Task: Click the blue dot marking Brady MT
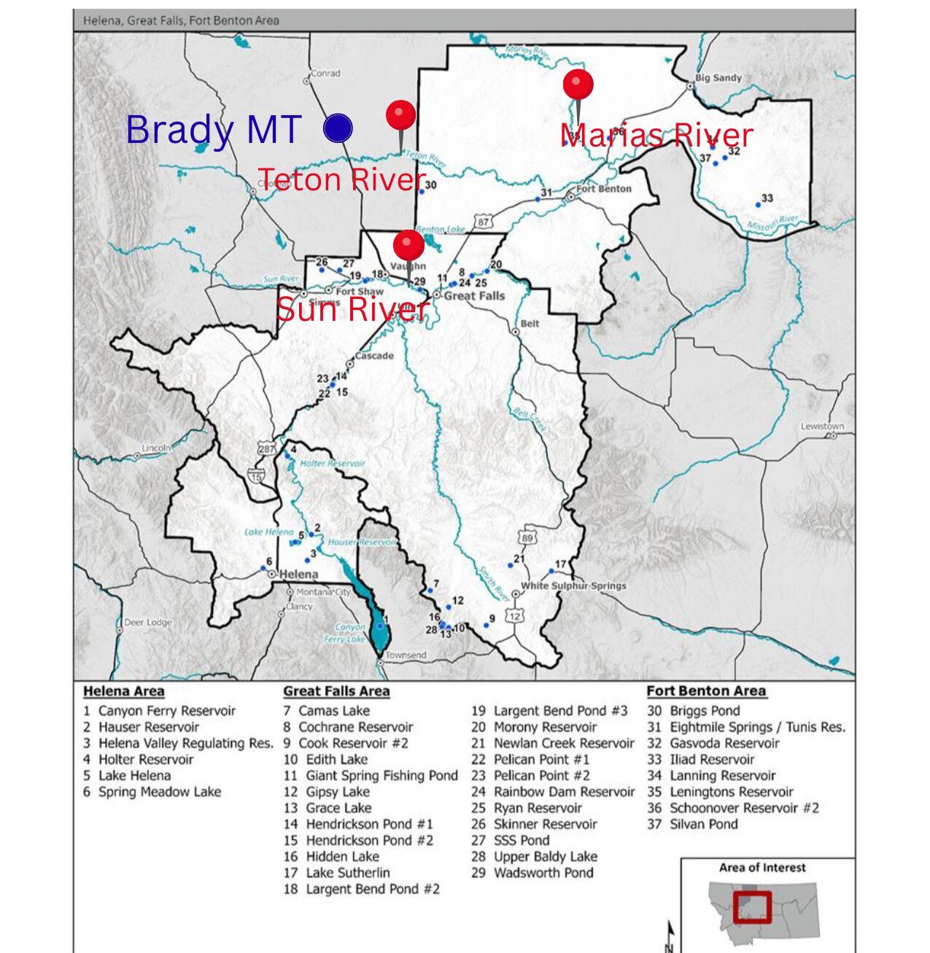[338, 128]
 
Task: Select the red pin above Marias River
[578, 85]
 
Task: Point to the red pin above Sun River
[408, 245]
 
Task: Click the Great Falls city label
[474, 295]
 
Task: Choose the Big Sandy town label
[718, 78]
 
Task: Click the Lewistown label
[822, 427]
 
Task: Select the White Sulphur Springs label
[573, 586]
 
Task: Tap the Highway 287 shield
[266, 450]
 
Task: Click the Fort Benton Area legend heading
[705, 691]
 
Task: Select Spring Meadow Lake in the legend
[159, 792]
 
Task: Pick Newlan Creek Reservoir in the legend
[563, 744]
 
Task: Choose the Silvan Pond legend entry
[703, 825]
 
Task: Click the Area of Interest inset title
[762, 868]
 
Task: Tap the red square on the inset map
[752, 906]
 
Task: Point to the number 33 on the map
[767, 198]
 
